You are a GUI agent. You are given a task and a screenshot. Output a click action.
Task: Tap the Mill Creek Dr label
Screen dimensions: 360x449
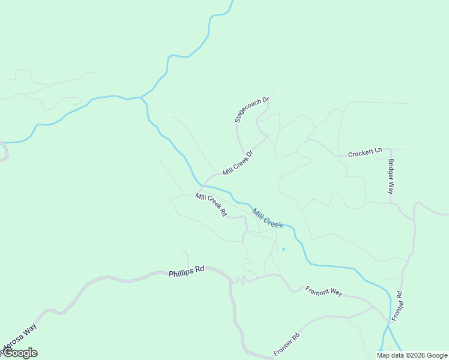coord(238,163)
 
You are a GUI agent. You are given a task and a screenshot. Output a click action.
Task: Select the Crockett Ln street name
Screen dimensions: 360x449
coord(365,152)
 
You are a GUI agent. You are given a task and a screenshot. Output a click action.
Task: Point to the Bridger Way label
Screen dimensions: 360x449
coord(391,176)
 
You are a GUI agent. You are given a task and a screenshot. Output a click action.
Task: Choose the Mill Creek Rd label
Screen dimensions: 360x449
coord(211,204)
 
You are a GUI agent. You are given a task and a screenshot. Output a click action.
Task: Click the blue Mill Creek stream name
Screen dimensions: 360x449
coord(268,218)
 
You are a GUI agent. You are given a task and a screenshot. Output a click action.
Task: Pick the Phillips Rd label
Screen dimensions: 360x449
coord(186,271)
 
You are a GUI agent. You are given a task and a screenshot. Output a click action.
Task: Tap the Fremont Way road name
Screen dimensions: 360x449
coord(324,292)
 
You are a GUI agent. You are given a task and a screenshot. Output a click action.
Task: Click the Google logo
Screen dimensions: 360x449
coord(20,353)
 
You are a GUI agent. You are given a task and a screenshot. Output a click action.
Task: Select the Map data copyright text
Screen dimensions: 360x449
coord(412,355)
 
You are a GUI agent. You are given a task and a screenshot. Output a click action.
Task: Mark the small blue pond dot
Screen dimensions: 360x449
coord(283,248)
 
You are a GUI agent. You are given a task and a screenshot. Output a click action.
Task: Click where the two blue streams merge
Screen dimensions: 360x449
coord(142,97)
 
